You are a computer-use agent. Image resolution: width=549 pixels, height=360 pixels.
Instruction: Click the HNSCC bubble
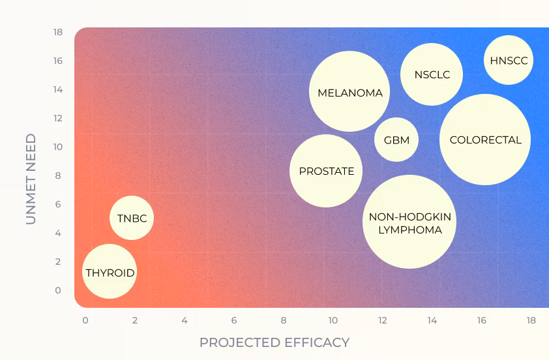pos(509,60)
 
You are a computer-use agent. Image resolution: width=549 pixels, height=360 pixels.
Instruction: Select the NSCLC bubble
pos(432,74)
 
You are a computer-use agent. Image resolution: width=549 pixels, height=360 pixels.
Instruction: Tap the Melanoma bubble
pos(349,91)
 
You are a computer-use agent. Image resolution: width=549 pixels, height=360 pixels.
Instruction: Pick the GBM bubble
pos(396,140)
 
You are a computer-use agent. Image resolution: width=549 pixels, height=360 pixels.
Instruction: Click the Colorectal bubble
pos(485,140)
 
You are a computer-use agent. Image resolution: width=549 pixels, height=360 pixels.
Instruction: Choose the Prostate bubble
pos(326,171)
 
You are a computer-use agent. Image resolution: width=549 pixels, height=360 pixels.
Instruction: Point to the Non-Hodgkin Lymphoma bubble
pos(409,222)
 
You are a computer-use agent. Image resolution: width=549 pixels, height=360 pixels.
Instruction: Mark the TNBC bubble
pos(132,218)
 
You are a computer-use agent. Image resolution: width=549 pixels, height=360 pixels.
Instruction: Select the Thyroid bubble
pos(110,271)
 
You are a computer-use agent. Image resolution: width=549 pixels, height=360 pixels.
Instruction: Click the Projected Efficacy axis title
pos(274,342)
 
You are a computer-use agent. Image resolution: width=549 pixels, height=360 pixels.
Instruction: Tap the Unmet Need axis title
pos(31,179)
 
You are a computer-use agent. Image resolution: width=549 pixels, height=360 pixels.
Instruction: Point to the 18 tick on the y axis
pos(58,32)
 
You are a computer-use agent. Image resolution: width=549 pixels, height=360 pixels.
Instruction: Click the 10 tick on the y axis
pos(58,147)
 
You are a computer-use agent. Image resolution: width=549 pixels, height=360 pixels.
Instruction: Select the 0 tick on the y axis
pos(58,290)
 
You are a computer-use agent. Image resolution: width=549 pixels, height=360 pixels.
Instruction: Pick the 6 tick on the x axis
pos(234,320)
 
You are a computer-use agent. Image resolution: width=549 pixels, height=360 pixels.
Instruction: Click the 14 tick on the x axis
pos(432,320)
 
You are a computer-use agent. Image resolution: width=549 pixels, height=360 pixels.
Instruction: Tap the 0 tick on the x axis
pos(85,320)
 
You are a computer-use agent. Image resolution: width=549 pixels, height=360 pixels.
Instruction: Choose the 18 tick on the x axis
pos(531,320)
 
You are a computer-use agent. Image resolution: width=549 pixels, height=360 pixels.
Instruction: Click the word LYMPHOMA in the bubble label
pos(410,230)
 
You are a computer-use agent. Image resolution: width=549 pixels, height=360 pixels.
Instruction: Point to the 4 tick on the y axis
pos(58,233)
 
